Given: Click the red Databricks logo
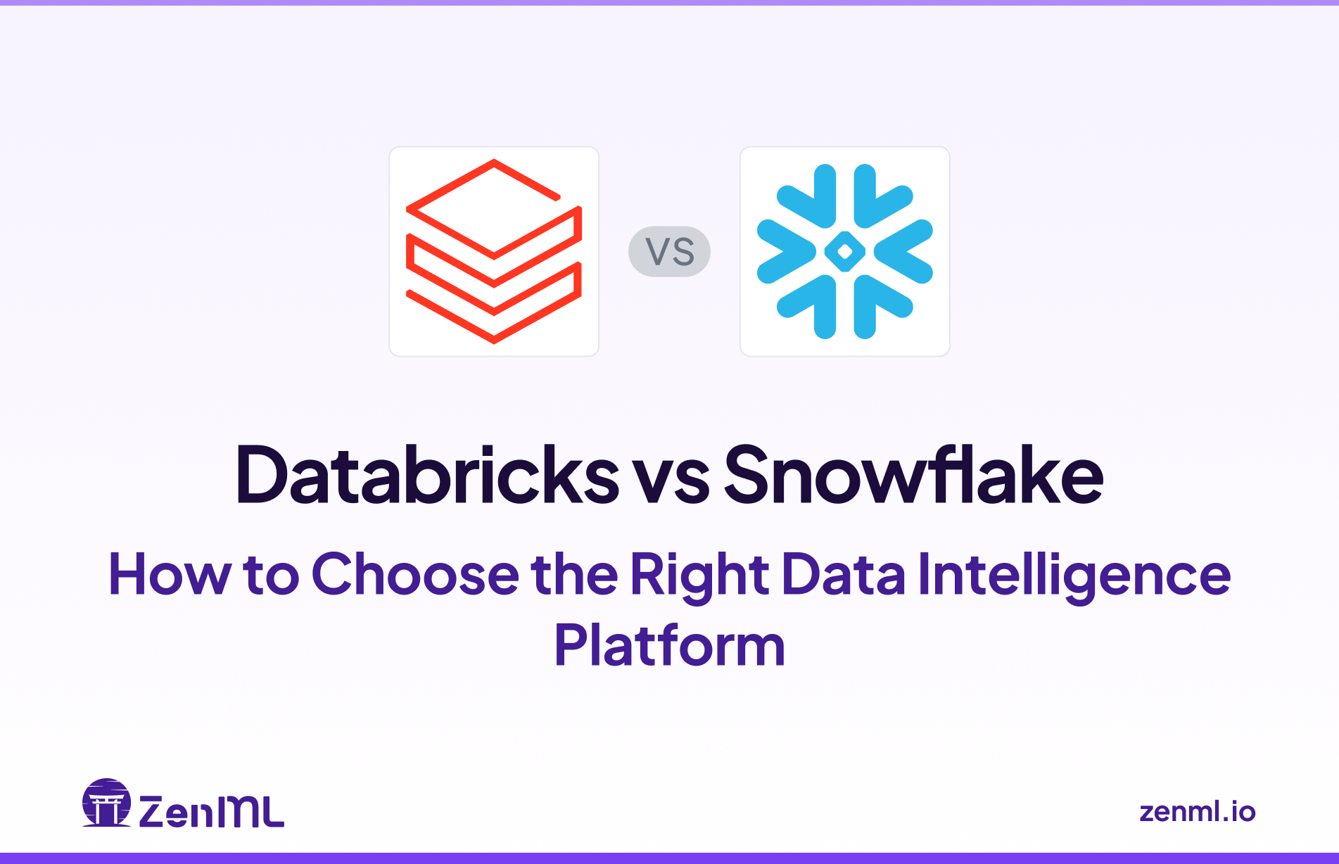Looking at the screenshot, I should point(494,251).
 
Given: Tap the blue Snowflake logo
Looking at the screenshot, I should point(844,251).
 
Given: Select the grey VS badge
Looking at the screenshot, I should point(669,251).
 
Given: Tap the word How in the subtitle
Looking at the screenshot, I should point(170,574).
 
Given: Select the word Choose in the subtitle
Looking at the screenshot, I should point(415,574).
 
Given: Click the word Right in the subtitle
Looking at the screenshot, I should point(699,576).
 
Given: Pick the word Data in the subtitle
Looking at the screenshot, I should point(843,574).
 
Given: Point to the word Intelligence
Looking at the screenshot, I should point(1074,576).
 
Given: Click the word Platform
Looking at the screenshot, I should point(669,646).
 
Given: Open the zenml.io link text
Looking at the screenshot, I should point(1197,811).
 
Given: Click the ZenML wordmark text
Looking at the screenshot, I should point(212,811).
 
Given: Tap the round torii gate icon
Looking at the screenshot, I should point(106,803).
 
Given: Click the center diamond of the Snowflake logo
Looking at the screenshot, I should point(844,251).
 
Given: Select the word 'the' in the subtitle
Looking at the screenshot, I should point(574,574).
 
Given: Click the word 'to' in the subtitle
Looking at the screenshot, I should point(271,576).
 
